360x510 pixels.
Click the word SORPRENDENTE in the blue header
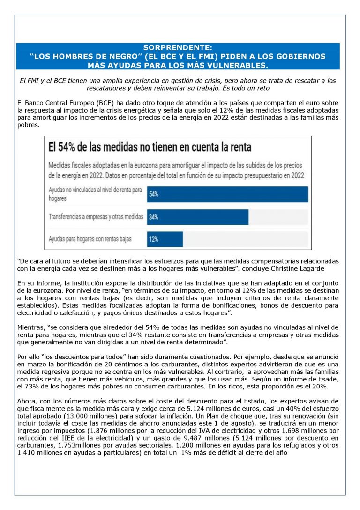(x=178, y=48)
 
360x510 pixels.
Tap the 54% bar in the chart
(x=227, y=194)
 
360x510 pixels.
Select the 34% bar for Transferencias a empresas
(x=197, y=217)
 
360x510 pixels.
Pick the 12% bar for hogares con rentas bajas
(x=165, y=239)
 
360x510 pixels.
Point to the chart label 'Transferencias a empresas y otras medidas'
(x=96, y=217)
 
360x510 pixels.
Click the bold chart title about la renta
(x=150, y=147)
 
